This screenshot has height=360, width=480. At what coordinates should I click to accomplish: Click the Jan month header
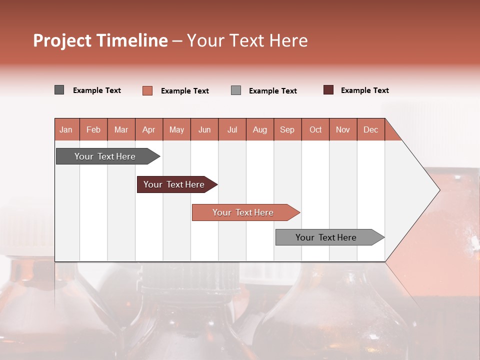(x=66, y=129)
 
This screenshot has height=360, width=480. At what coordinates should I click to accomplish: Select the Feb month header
(x=93, y=129)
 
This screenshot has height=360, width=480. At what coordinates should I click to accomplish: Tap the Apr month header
(x=149, y=129)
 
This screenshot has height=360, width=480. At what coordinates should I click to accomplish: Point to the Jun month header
(x=204, y=129)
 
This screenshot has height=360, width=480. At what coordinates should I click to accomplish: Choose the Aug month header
(x=260, y=129)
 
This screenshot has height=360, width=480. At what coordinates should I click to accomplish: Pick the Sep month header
(x=287, y=129)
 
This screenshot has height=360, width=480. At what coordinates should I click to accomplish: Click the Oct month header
(x=315, y=129)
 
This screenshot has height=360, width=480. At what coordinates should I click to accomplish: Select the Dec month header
(x=371, y=129)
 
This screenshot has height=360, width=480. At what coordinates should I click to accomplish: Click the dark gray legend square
(x=59, y=90)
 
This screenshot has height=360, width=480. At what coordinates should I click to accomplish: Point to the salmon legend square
(x=147, y=90)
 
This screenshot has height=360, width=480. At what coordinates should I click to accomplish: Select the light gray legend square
(x=236, y=90)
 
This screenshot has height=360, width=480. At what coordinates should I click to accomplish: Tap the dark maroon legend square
(x=328, y=90)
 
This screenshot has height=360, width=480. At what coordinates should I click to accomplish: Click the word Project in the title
(x=62, y=40)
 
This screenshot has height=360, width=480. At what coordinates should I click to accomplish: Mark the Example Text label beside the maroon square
(x=364, y=90)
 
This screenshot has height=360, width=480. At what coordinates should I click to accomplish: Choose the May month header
(x=176, y=129)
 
